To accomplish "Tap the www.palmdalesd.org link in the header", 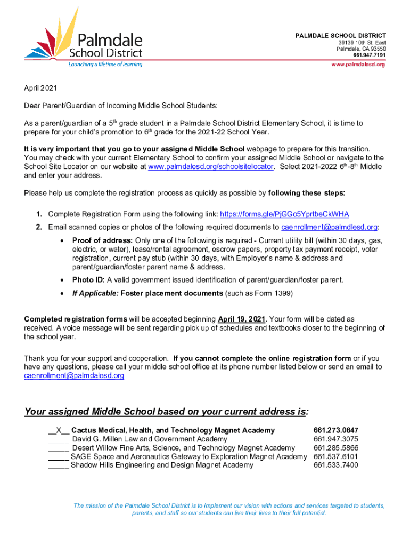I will click(x=358, y=65).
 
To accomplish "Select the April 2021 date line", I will click(x=40, y=88).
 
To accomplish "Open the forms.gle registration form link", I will click(x=284, y=214).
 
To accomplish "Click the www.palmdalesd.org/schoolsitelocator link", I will click(x=210, y=167).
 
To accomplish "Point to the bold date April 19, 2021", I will click(x=242, y=319).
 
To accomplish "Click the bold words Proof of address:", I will click(x=103, y=241).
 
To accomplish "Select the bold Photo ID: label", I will click(x=88, y=280).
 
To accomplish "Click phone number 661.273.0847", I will click(x=336, y=430).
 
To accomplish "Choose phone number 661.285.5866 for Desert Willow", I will click(x=336, y=448).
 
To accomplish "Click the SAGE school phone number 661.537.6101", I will click(x=336, y=456).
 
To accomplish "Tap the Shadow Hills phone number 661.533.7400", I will click(x=336, y=465).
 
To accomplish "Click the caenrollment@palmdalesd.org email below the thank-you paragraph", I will click(x=74, y=376).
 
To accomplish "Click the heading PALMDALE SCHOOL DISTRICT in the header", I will click(x=341, y=35).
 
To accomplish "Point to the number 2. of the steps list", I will click(x=39, y=228).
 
